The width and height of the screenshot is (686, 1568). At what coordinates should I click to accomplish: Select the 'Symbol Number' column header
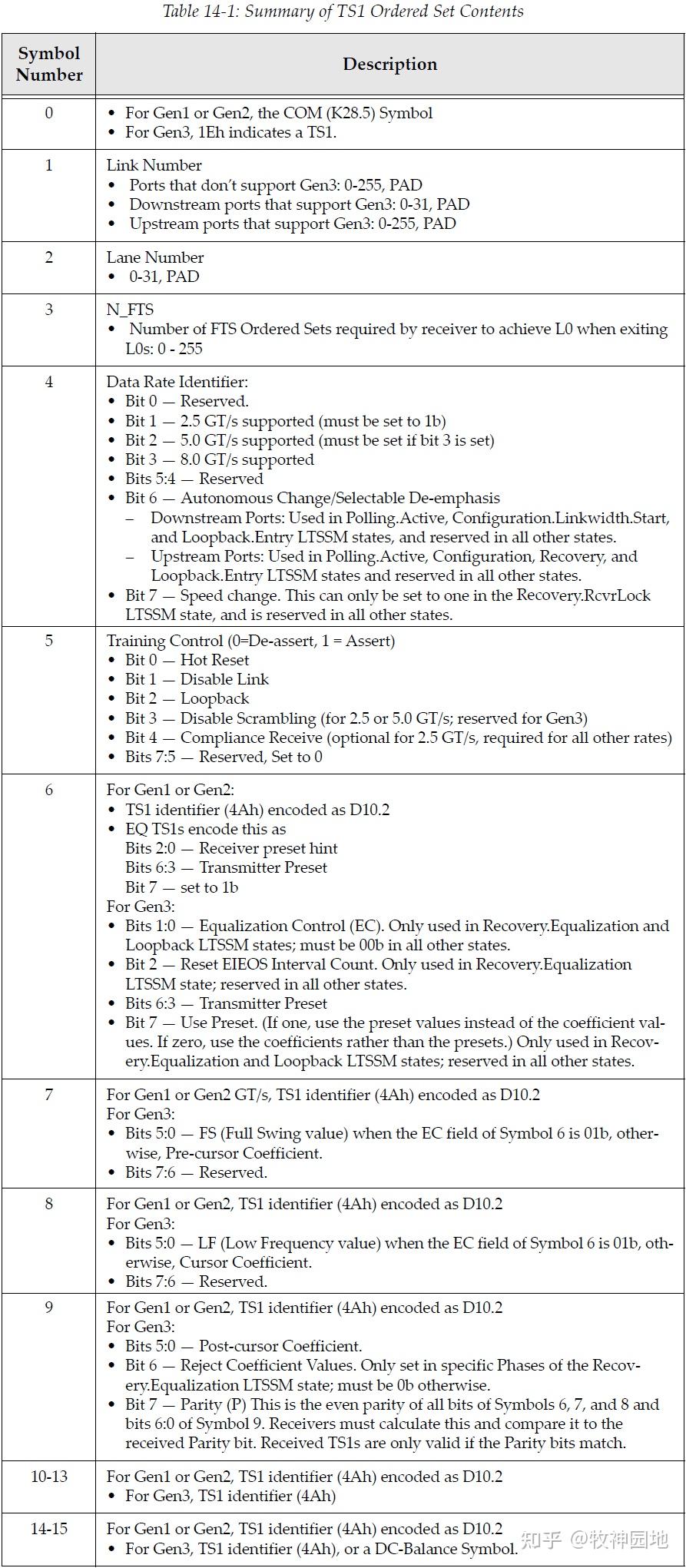(49, 64)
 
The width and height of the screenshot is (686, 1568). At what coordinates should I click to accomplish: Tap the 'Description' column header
(389, 64)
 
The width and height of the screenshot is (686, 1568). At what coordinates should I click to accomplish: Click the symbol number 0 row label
(49, 113)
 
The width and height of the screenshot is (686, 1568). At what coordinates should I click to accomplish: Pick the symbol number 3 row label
(49, 310)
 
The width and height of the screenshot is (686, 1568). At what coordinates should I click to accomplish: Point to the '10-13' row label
(49, 1476)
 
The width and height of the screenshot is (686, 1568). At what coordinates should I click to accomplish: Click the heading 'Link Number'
(154, 165)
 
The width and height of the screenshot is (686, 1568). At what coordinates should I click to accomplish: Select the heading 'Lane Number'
(154, 257)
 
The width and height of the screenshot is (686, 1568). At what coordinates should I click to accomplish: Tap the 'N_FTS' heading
(130, 310)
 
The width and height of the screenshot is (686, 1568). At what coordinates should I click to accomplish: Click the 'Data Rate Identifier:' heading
(177, 382)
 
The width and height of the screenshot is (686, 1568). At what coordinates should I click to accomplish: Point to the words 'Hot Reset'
(214, 660)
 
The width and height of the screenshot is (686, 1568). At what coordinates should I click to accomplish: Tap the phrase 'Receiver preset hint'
(268, 848)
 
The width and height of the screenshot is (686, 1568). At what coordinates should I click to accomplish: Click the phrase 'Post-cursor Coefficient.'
(280, 1346)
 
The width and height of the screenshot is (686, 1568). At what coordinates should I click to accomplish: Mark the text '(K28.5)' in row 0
(348, 113)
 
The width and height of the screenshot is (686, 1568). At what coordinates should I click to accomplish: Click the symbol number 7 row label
(49, 1094)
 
